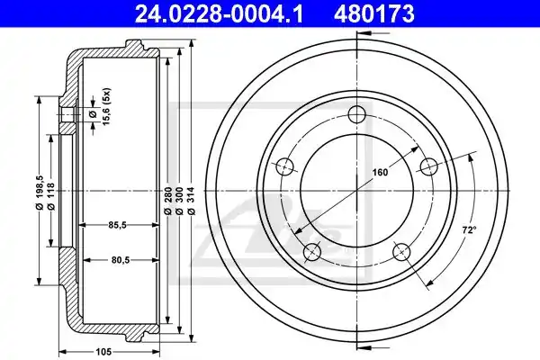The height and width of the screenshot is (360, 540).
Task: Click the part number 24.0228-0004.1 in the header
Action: point(219,14)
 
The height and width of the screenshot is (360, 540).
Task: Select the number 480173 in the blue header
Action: point(373,14)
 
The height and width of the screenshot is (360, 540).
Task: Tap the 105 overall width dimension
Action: point(103,352)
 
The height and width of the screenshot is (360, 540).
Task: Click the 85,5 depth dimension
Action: point(118,225)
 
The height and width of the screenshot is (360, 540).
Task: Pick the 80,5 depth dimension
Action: point(121,260)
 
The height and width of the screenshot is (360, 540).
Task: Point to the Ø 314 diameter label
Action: point(192,202)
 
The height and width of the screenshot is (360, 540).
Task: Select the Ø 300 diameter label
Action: point(179,202)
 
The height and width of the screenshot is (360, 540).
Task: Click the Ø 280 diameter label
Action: point(167,202)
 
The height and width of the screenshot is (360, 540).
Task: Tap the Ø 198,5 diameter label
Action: point(40,193)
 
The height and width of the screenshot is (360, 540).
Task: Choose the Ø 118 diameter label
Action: point(50,196)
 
